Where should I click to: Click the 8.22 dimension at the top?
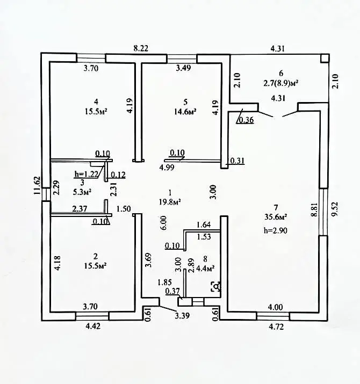[141, 48]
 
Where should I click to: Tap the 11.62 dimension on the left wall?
[37, 186]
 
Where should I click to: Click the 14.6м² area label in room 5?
[185, 111]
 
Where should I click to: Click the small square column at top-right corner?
[324, 59]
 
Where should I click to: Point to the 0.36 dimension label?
[247, 120]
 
